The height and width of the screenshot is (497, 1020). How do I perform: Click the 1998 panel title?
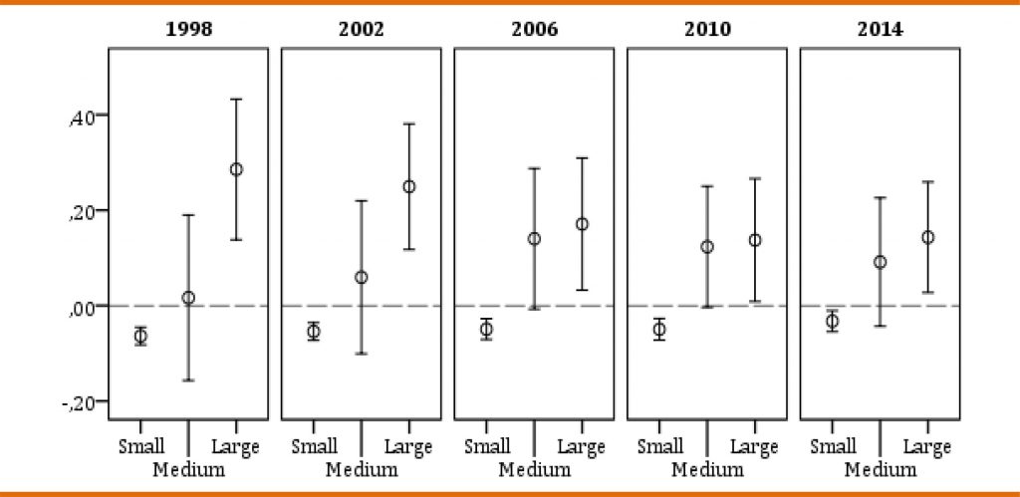188,29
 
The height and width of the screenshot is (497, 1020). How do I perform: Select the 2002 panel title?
361,29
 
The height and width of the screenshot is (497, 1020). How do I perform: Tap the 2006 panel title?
534,29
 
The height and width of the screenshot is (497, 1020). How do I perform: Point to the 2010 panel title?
707,29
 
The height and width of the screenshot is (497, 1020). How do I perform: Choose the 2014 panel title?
880,29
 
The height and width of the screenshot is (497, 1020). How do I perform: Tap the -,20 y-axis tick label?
79,402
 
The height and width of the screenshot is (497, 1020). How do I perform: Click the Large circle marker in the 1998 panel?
236,169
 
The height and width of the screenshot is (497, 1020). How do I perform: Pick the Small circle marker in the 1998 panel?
140,336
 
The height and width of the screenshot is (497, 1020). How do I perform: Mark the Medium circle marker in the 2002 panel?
361,277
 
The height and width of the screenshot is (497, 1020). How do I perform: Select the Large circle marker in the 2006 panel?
582,224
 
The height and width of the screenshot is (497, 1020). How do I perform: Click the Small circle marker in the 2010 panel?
659,330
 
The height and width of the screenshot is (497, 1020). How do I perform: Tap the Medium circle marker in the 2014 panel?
880,262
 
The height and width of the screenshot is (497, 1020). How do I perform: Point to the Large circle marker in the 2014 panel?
927,237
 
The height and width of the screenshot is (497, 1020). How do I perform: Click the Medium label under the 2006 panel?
534,468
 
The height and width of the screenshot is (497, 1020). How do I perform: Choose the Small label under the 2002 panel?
314,446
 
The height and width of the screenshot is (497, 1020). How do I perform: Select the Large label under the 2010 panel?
755,446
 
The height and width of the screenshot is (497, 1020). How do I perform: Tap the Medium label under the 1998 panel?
188,468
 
